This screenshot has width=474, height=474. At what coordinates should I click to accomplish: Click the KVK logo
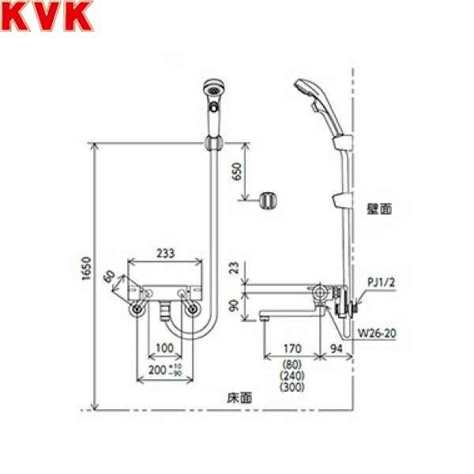coord(37,17)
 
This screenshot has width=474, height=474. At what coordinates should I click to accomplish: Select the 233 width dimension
coord(164,254)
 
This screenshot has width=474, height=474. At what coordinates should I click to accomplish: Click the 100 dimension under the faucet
coord(164,348)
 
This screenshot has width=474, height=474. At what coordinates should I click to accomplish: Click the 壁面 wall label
coord(379,209)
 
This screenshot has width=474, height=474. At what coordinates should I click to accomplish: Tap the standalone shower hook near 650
coord(267,199)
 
